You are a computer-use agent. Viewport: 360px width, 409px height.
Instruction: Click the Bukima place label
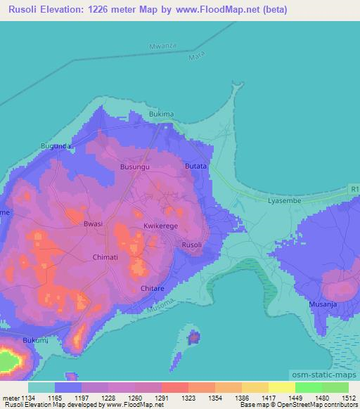(161, 114)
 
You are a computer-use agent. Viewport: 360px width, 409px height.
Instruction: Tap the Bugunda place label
(56, 145)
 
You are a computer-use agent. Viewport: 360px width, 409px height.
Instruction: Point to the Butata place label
(195, 166)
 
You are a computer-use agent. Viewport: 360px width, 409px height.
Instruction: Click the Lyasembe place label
(284, 201)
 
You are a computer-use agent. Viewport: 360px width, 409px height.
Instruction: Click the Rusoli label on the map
(192, 245)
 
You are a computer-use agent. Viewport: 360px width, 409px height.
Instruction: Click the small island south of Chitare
(193, 337)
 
